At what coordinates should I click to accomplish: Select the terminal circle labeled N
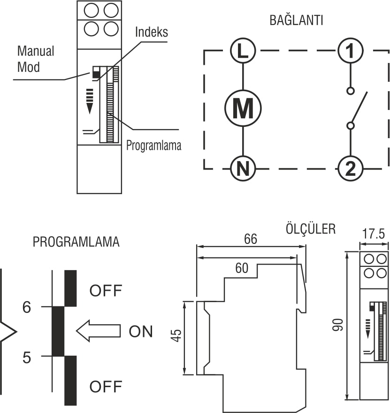tap(243, 168)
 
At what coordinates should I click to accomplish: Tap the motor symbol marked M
tap(243, 109)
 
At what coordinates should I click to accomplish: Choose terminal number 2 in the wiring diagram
tap(350, 168)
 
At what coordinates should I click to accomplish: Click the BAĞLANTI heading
tap(296, 21)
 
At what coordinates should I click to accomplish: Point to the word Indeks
tap(151, 32)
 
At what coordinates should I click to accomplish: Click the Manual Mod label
tap(36, 59)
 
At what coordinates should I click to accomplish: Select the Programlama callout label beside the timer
tap(153, 146)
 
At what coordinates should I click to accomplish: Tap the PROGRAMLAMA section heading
tap(76, 242)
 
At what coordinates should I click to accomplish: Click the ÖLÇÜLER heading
tap(311, 229)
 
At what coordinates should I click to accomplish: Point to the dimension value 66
tap(251, 239)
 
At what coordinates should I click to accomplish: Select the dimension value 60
tap(242, 268)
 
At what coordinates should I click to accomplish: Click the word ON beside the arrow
tap(141, 332)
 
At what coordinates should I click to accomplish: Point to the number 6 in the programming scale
tap(27, 308)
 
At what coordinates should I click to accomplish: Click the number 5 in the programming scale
tap(27, 358)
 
